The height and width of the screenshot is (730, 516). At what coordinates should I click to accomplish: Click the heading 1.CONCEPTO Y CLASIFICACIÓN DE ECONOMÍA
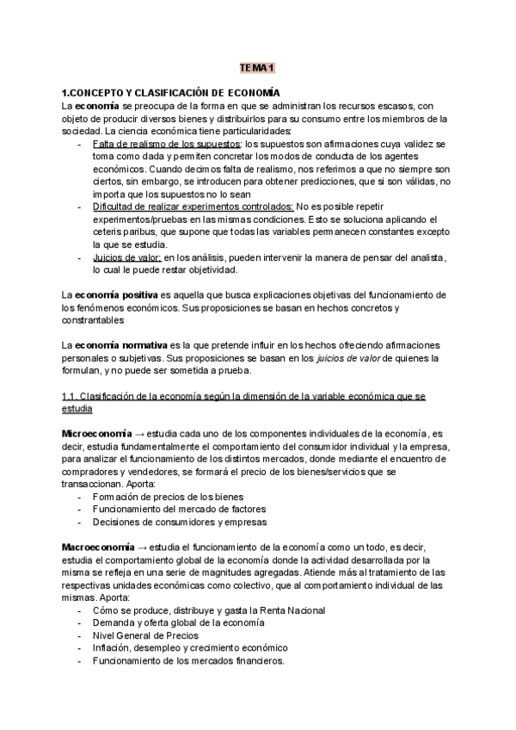(172, 92)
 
